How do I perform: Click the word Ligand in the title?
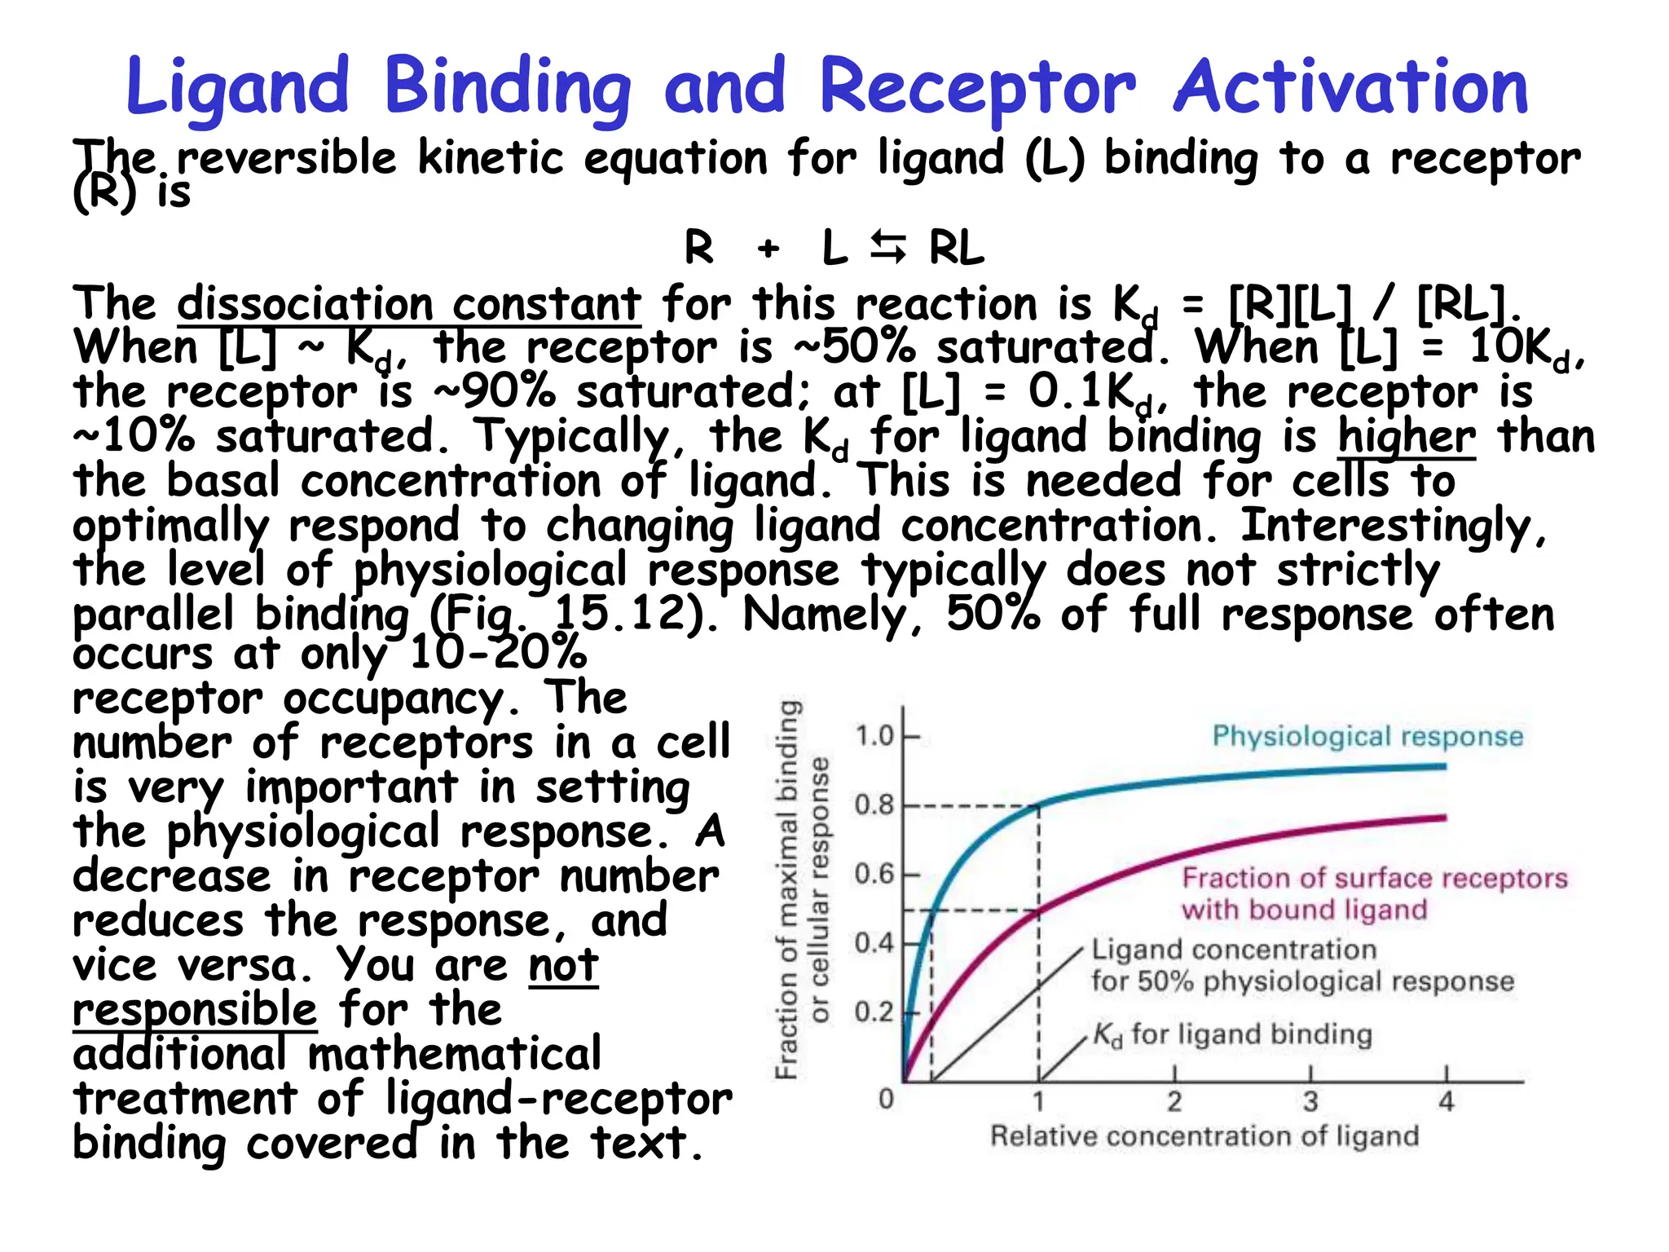coord(238,88)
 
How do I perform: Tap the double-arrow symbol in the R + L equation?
coord(888,247)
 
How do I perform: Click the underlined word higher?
coord(1406,436)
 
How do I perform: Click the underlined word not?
coord(563,965)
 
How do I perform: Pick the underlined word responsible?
coord(195,1009)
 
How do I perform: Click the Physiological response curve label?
coord(1367,736)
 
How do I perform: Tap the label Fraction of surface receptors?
coord(1374,878)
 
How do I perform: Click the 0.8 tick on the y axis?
coord(874,805)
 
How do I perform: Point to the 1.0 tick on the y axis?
coord(874,736)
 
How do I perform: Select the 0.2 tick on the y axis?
coord(874,1012)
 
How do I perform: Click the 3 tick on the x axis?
coord(1310,1101)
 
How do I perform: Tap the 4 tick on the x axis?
coord(1446,1101)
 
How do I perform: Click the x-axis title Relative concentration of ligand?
coord(1204,1135)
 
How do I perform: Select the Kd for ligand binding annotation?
coord(1231,1034)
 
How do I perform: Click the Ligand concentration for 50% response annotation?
coord(1301,965)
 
